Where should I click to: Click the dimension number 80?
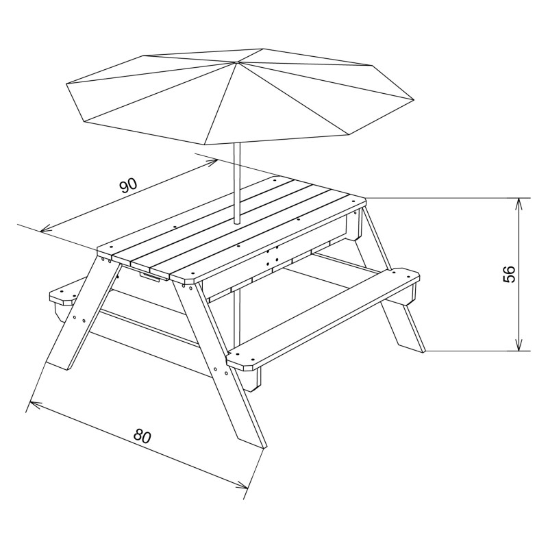click(142, 436)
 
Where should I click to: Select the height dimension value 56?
click(508, 274)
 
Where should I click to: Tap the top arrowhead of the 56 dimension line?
click(519, 203)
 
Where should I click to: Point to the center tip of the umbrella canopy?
click(236, 62)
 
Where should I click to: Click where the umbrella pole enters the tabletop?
click(237, 222)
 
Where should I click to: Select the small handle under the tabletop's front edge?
click(153, 277)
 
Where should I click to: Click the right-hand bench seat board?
click(323, 318)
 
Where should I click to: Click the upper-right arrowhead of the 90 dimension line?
click(212, 162)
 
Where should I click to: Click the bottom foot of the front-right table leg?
click(252, 443)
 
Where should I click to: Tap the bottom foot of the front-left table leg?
click(58, 365)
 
